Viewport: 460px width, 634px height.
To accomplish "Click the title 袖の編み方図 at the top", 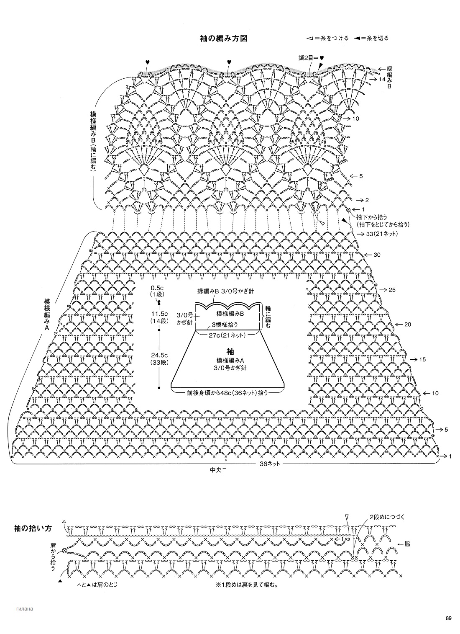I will click(225, 39).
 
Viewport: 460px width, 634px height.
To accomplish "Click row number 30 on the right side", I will click(377, 255).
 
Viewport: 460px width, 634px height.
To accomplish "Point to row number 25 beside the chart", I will click(392, 290).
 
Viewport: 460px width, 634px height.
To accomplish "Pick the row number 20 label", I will click(408, 325).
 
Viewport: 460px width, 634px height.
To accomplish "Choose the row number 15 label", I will click(422, 359).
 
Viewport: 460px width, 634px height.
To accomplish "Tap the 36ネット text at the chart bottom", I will click(269, 464).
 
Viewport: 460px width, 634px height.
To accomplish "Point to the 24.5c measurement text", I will click(159, 355).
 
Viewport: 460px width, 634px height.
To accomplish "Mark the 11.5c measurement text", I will click(159, 314).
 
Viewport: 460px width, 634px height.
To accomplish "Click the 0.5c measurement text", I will click(159, 288).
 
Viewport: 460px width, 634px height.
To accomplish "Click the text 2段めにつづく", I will click(386, 517).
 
